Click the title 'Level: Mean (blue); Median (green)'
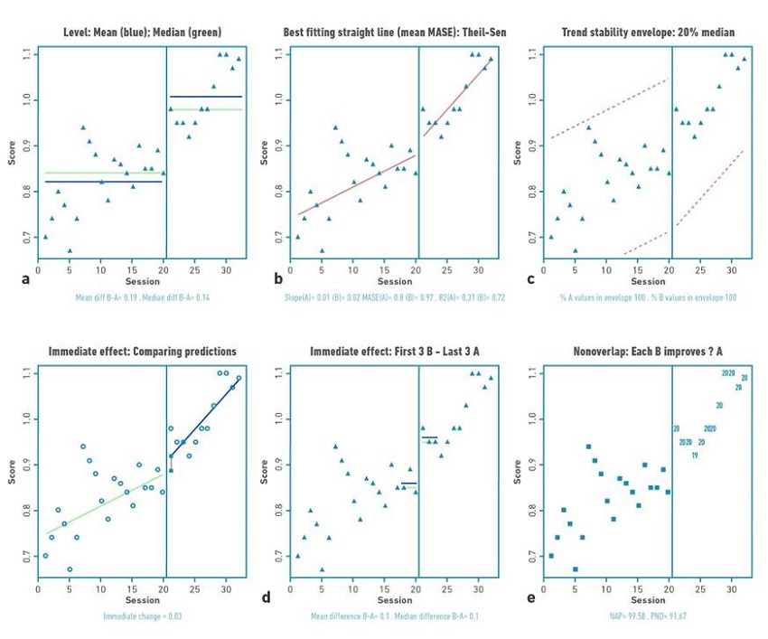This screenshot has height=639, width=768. pyautogui.click(x=134, y=33)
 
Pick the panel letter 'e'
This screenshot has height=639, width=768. pyautogui.click(x=530, y=599)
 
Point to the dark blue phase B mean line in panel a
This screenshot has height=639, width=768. pyautogui.click(x=205, y=96)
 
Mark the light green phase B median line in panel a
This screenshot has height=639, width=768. pyautogui.click(x=205, y=109)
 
